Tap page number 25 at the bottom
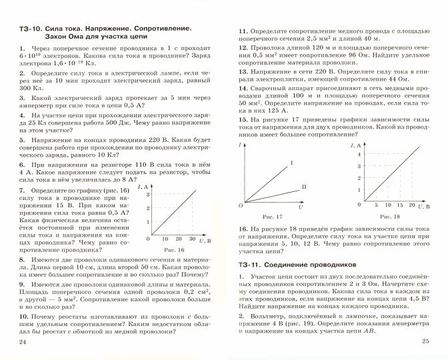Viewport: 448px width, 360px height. click(425, 342)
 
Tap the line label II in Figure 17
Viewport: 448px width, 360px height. click(304, 187)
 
